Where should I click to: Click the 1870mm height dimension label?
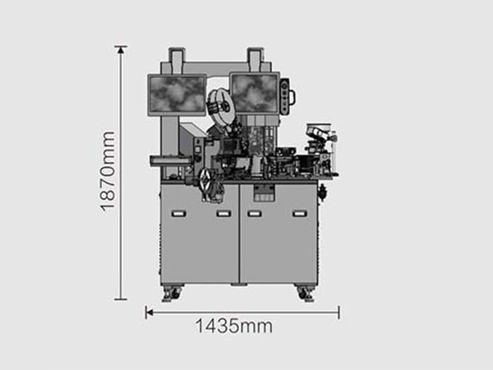tap(108, 172)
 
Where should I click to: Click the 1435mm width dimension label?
tap(234, 326)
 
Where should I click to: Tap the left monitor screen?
tap(177, 95)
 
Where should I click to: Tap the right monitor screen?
tap(255, 94)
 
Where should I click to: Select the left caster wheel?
tap(172, 294)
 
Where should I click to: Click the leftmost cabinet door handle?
tap(178, 214)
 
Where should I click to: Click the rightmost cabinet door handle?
tap(300, 214)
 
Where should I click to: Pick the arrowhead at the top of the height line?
tap(121, 49)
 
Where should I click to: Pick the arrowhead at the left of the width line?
tap(150, 312)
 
